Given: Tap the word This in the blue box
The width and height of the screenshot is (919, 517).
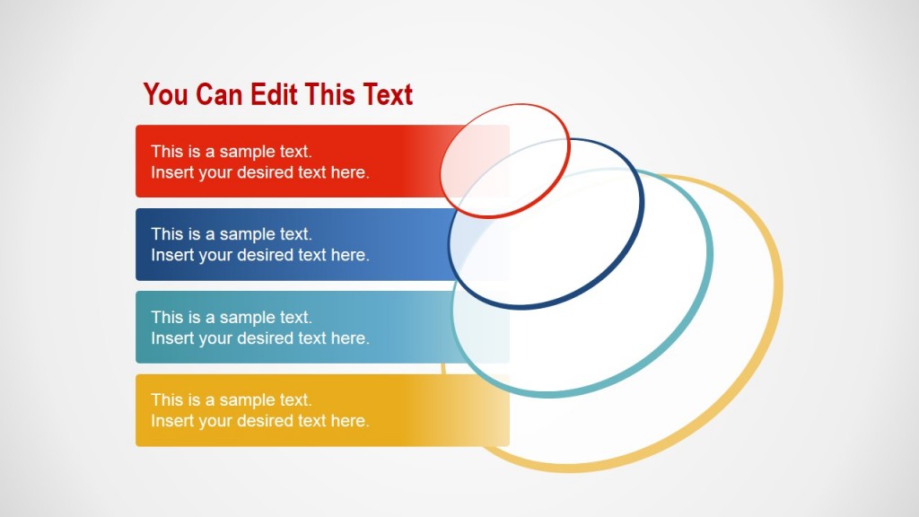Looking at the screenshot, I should pos(168,234).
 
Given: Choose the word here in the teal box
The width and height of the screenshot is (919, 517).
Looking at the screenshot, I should pos(350,338).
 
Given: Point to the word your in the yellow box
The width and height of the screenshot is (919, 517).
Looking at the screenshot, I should pos(215,421).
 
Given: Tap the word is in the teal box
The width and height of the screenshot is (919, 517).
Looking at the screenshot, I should pos(194,317).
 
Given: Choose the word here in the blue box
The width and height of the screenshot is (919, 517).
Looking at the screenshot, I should pos(350,255).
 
